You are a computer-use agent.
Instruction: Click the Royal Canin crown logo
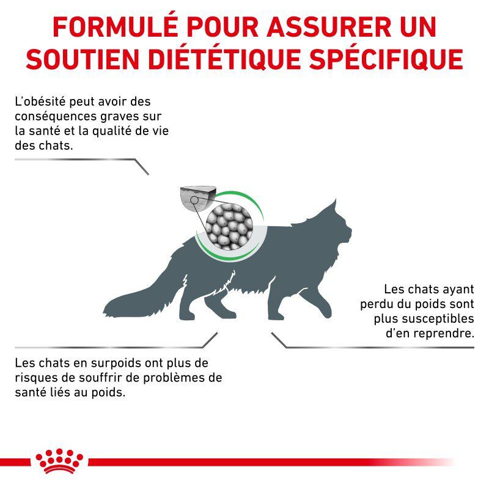[x=59, y=461]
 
